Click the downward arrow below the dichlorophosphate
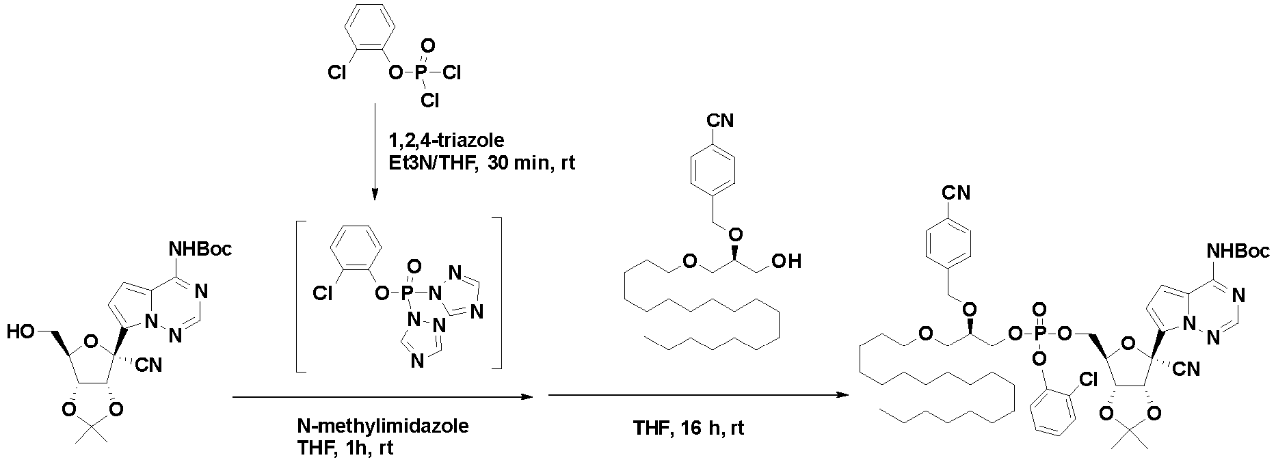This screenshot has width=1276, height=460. [x=375, y=152]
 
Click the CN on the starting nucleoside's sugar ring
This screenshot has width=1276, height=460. [x=150, y=366]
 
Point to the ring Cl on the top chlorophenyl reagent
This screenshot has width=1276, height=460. [x=336, y=72]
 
